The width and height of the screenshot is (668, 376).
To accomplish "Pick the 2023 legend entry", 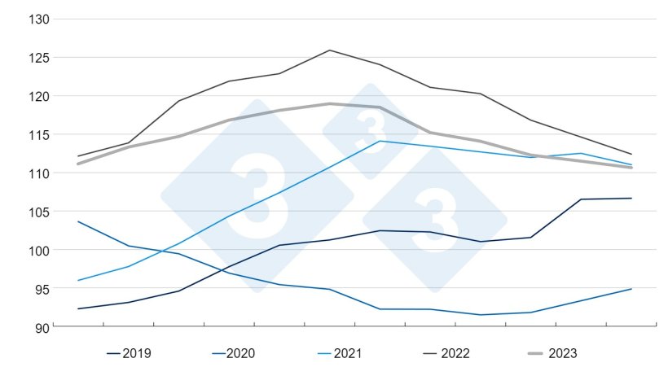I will click(x=561, y=353).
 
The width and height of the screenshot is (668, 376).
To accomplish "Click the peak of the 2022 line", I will click(x=330, y=50).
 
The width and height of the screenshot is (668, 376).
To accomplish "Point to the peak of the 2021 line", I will click(x=380, y=141).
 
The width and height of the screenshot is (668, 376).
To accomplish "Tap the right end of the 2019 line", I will click(x=631, y=198).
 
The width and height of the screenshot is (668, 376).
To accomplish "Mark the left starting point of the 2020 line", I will click(x=78, y=221).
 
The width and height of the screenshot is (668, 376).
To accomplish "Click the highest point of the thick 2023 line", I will click(x=330, y=103).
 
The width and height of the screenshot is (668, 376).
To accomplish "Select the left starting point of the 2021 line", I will click(x=78, y=280).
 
